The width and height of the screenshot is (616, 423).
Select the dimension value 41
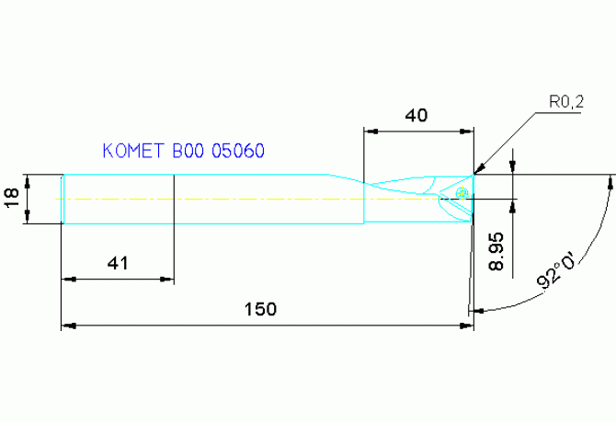[x=117, y=263]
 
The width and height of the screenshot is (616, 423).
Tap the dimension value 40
[x=416, y=116]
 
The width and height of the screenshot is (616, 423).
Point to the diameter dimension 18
[x=11, y=198]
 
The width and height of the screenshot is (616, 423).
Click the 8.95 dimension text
[x=496, y=250]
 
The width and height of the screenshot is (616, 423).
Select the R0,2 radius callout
[x=566, y=104]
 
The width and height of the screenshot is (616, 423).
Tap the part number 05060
[x=239, y=151]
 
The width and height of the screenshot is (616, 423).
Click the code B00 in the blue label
[x=188, y=151]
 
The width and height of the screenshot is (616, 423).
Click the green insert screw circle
[x=462, y=193]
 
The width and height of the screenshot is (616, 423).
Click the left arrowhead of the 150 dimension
[x=66, y=325]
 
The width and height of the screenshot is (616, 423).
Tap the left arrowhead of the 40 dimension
[x=370, y=131]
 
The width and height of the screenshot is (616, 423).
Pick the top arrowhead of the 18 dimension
[x=29, y=178]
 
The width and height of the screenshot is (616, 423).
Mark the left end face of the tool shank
[x=62, y=198]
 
